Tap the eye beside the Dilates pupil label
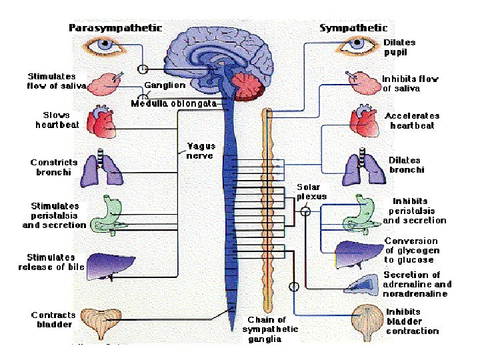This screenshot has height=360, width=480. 355,47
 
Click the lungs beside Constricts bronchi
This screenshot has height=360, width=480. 102,167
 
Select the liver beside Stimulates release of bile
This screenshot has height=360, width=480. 101,263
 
